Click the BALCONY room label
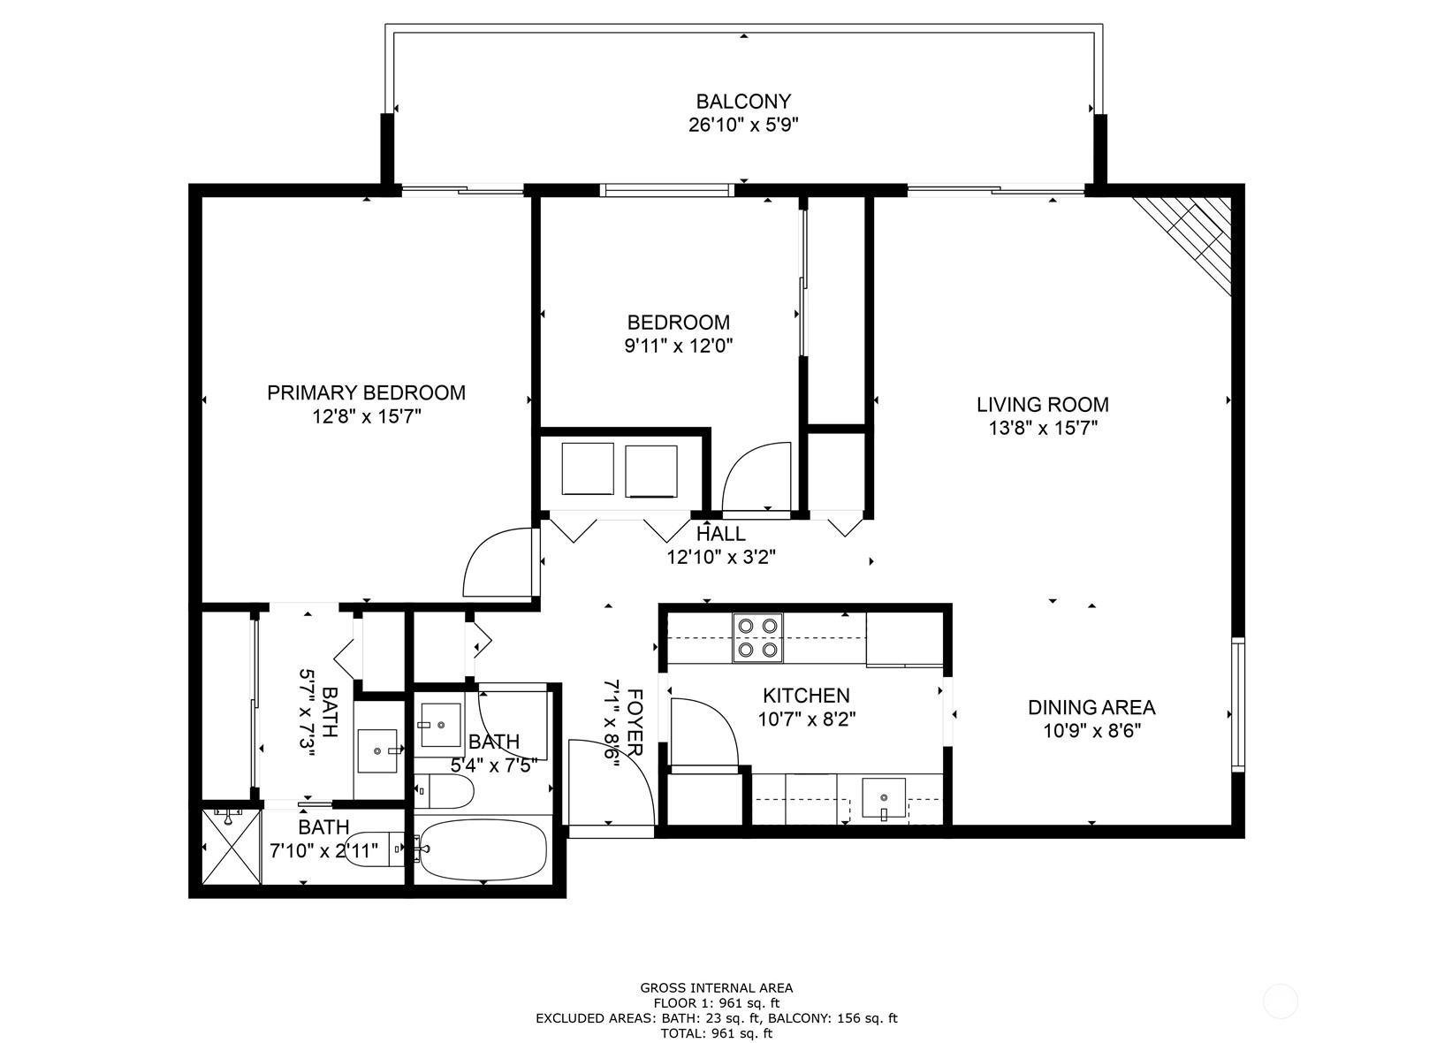coord(743,102)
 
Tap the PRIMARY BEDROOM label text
coord(366,392)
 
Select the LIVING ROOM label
coord(1043,405)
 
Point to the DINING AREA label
coord(1091,707)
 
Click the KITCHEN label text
coord(806,696)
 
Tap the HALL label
coord(721,534)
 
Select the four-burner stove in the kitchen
coord(757,637)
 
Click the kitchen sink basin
coord(884,797)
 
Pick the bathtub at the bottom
coord(483,850)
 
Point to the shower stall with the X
coord(232,846)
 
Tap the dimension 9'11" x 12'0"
coord(679,346)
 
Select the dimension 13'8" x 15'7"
coord(1043,428)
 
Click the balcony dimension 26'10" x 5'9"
coord(743,125)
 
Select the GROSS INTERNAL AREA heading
coord(717,988)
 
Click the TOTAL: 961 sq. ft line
coord(717,1033)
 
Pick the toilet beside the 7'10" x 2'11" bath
coord(373,849)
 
